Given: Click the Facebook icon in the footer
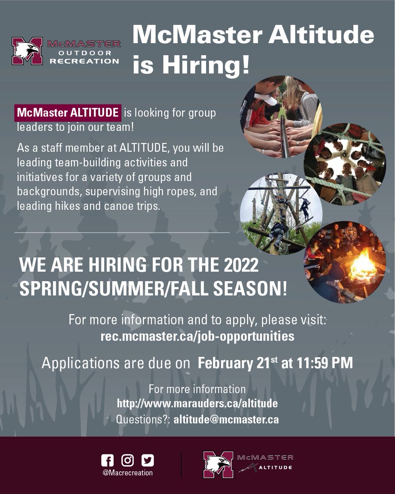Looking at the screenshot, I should click(107, 460).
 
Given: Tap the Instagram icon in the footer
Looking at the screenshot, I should click(128, 460).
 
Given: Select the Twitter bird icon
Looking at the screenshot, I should click(147, 460).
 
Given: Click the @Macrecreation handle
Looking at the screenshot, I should click(128, 473).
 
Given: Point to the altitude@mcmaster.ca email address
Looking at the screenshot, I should click(226, 420).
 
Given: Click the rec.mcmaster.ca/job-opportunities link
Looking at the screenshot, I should click(197, 336).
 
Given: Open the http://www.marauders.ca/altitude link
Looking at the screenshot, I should click(197, 403).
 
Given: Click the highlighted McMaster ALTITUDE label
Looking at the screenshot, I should click(68, 112).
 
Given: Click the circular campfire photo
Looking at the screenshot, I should click(344, 262).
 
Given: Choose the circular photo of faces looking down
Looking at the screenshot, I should click(344, 164).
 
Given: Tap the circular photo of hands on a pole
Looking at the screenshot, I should click(281, 117).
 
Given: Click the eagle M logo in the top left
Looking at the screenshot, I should click(27, 51).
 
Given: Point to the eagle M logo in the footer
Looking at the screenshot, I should click(218, 465).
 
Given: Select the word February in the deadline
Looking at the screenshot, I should click(224, 364).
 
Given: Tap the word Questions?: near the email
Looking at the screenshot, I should click(143, 420).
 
